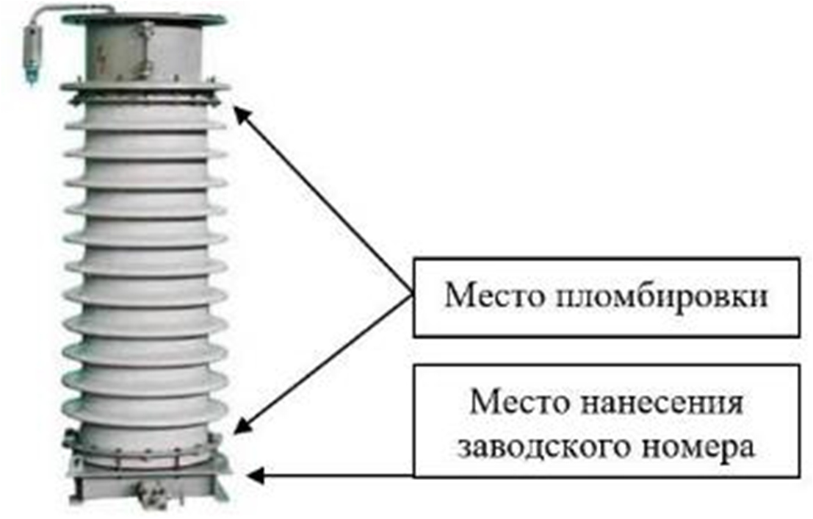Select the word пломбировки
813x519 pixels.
[653, 296]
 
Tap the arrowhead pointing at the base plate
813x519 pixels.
[253, 476]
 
